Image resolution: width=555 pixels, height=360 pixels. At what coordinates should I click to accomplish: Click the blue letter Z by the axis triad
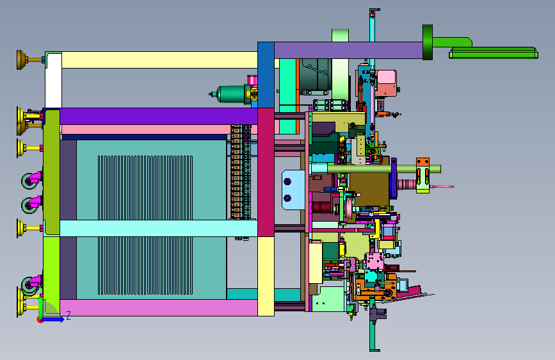click(68, 315)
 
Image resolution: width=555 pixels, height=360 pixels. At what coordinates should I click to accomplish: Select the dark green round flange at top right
click(428, 42)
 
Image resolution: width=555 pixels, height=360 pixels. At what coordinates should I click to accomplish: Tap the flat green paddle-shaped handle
click(494, 53)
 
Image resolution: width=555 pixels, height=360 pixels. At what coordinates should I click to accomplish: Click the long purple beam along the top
click(348, 51)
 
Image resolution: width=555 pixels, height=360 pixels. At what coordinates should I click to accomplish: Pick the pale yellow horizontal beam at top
click(159, 60)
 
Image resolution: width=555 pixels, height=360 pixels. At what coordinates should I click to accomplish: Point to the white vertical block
click(53, 80)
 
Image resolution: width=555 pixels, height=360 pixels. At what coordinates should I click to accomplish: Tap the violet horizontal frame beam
click(159, 116)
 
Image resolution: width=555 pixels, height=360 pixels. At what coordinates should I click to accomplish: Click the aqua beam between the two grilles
click(159, 228)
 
